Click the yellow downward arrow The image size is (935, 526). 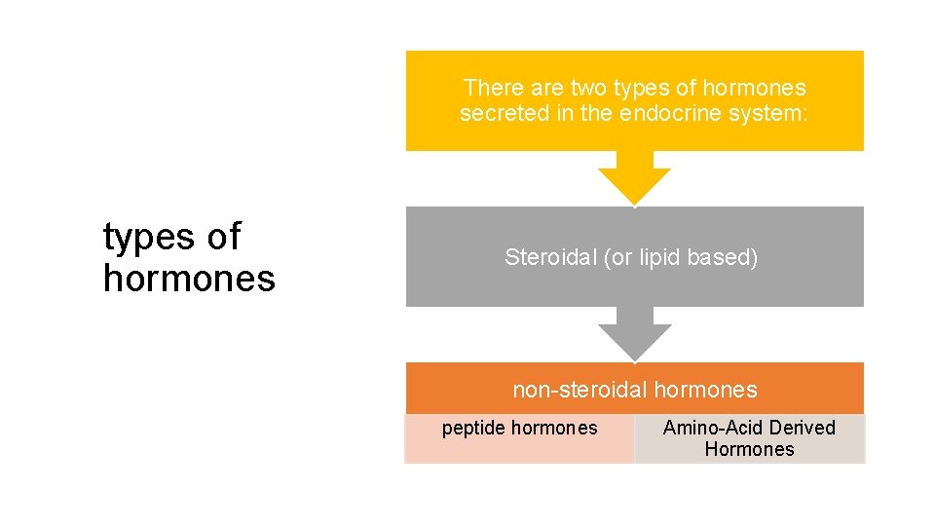(x=634, y=179)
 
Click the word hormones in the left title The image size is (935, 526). (x=189, y=280)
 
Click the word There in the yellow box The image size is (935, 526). (x=490, y=89)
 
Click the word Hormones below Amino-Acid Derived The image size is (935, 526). (x=749, y=449)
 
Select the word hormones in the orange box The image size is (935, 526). (x=705, y=391)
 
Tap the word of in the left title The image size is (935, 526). (x=223, y=237)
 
